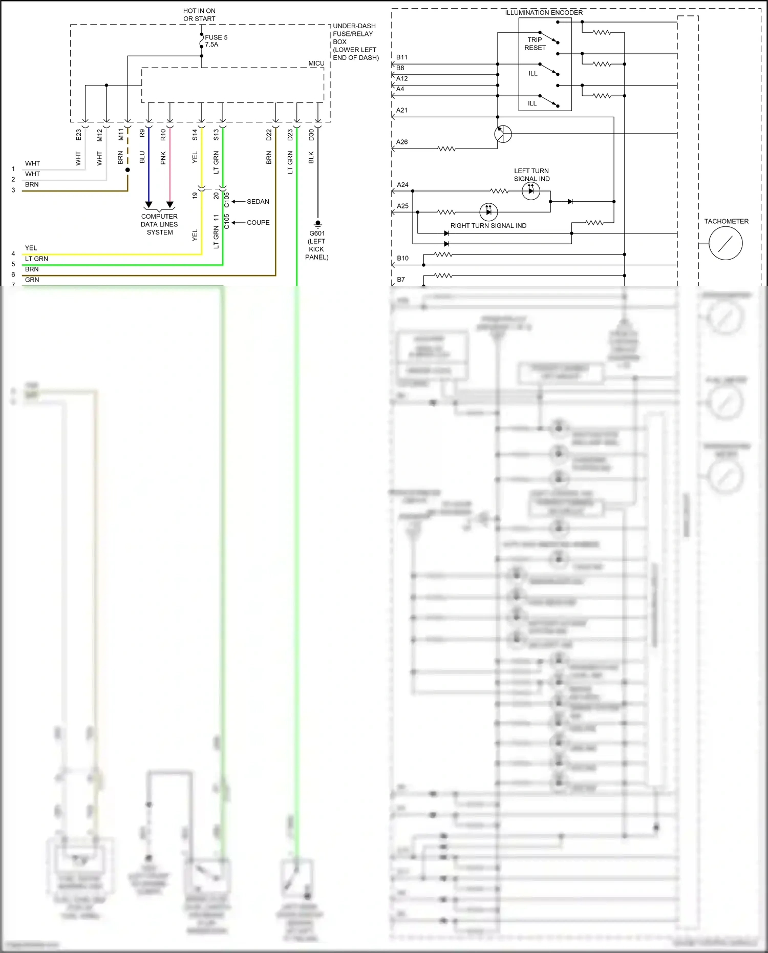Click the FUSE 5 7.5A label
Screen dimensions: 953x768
click(x=216, y=41)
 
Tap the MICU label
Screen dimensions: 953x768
click(x=316, y=63)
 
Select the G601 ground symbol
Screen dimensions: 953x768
click(x=317, y=223)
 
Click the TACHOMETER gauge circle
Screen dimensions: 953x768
click(x=726, y=243)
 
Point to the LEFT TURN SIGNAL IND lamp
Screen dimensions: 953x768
click(x=531, y=191)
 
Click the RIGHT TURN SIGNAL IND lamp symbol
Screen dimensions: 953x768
click(x=488, y=211)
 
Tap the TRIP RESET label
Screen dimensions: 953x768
click(x=535, y=44)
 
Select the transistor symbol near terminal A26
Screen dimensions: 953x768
click(x=503, y=134)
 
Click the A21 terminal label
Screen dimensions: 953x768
click(x=402, y=110)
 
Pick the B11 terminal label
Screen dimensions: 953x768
click(x=402, y=57)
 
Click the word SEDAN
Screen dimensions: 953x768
click(x=258, y=202)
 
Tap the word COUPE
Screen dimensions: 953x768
click(x=258, y=223)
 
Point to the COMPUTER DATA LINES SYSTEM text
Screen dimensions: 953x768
click(x=159, y=224)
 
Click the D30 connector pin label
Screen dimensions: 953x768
click(x=311, y=135)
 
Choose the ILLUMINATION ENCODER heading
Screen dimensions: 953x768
click(x=544, y=13)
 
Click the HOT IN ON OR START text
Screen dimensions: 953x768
click(x=199, y=15)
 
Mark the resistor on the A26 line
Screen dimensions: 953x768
click(x=446, y=149)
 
